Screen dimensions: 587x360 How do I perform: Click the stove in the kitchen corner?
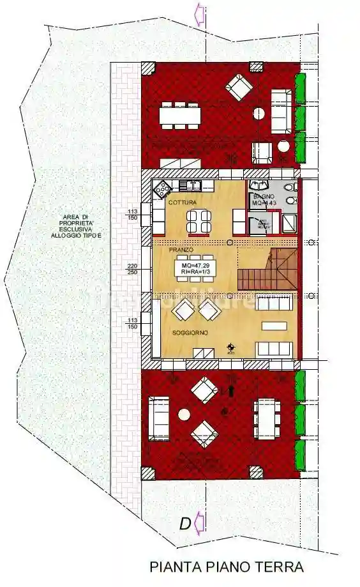pyautogui.click(x=162, y=188)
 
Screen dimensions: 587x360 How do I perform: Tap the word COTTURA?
pyautogui.click(x=183, y=202)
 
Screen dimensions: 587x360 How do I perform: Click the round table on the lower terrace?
pyautogui.click(x=184, y=414)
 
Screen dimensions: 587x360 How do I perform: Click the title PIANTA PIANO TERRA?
pyautogui.click(x=226, y=567)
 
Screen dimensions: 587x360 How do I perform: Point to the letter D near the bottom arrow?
pyautogui.click(x=184, y=524)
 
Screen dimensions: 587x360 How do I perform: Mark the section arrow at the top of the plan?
pyautogui.click(x=199, y=12)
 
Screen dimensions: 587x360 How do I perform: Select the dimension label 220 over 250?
pyautogui.click(x=133, y=268)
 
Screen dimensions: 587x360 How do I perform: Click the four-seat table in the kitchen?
pyautogui.click(x=197, y=222)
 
